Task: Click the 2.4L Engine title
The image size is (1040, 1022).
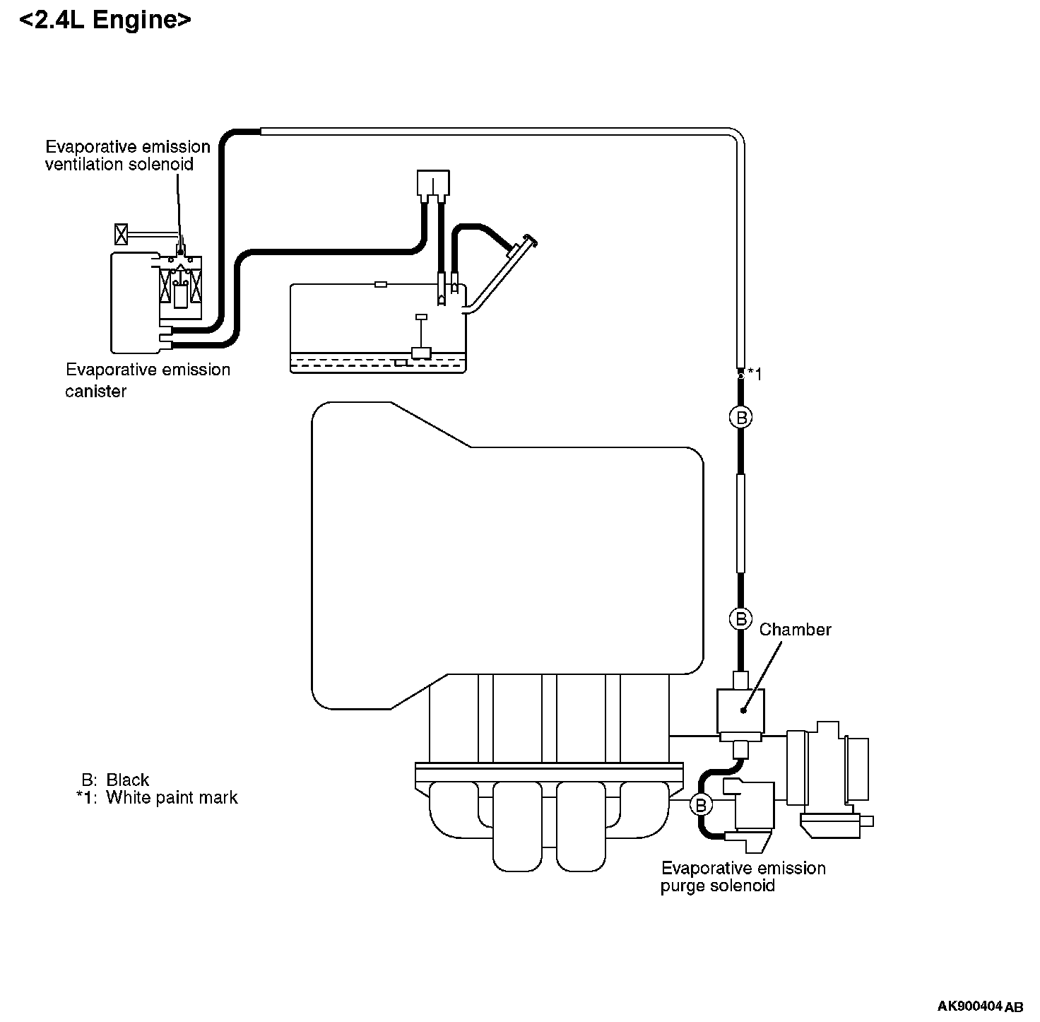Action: [x=105, y=20]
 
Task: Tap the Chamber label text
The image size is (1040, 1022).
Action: [x=795, y=629]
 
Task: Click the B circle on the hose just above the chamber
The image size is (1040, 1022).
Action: [x=740, y=619]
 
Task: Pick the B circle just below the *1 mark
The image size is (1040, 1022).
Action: [x=740, y=418]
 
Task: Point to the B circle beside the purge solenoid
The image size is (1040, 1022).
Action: [x=701, y=804]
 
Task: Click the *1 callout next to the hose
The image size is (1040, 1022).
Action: [x=755, y=374]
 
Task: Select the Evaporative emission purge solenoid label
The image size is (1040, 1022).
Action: [x=743, y=876]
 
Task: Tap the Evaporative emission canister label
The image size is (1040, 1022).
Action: [x=148, y=380]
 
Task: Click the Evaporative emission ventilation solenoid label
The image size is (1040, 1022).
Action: [x=128, y=155]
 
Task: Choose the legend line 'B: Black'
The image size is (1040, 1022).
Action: [x=115, y=780]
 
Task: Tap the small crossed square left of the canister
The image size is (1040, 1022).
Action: [x=122, y=233]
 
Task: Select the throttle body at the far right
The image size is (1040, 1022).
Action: [x=830, y=777]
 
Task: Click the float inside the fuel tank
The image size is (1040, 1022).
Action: [x=421, y=353]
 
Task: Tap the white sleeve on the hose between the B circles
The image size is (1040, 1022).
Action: [x=740, y=523]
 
